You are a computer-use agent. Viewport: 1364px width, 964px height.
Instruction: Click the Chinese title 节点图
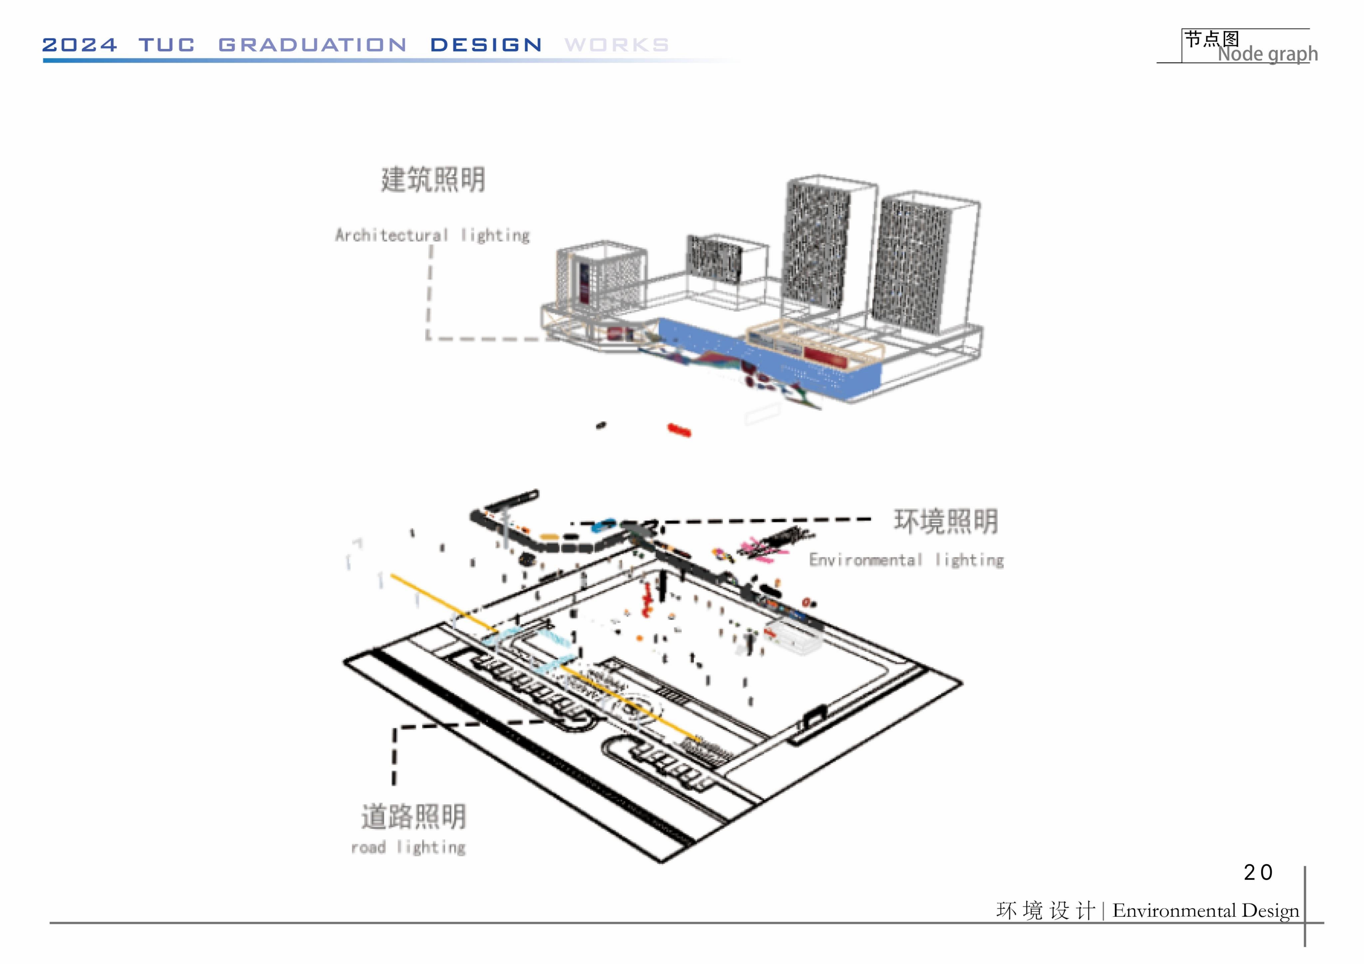coord(1212,39)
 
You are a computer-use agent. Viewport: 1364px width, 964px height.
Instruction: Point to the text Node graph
coord(1268,54)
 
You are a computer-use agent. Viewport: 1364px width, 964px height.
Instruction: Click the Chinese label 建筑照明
coord(433,179)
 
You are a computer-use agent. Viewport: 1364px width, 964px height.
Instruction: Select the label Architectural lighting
coord(432,235)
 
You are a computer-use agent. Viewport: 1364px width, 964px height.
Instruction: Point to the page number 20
coord(1258,872)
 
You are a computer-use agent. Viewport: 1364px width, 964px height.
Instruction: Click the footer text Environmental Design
coord(1206,911)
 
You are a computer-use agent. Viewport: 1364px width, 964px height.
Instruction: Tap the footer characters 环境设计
coord(1046,911)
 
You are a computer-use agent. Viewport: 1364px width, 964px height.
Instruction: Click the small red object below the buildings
coord(679,429)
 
